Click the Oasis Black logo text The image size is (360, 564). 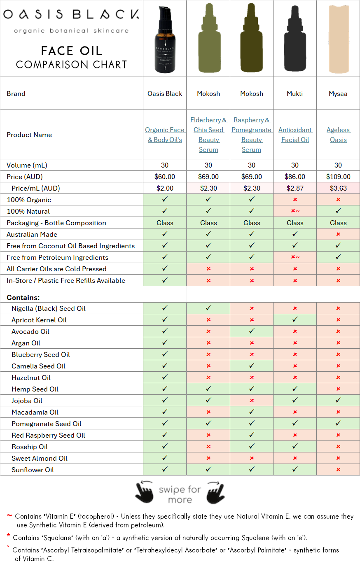point(71,15)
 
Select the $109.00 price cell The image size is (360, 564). point(338,177)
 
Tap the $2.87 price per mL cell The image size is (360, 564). point(295,188)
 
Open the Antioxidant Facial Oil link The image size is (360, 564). point(295,135)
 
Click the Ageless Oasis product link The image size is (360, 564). point(338,135)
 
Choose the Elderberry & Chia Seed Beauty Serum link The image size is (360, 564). point(208,135)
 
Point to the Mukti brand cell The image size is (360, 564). point(295,93)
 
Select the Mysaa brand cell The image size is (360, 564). point(338,93)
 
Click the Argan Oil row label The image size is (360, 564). point(26,343)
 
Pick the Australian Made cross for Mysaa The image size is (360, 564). point(338,234)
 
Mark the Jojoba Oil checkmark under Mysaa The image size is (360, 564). point(338,401)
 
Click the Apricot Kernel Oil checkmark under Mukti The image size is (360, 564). point(295,320)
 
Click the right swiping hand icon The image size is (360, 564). point(215,492)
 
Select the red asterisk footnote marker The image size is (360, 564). point(8,536)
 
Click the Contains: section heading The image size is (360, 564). point(23,297)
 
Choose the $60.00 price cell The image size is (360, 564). point(165,177)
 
